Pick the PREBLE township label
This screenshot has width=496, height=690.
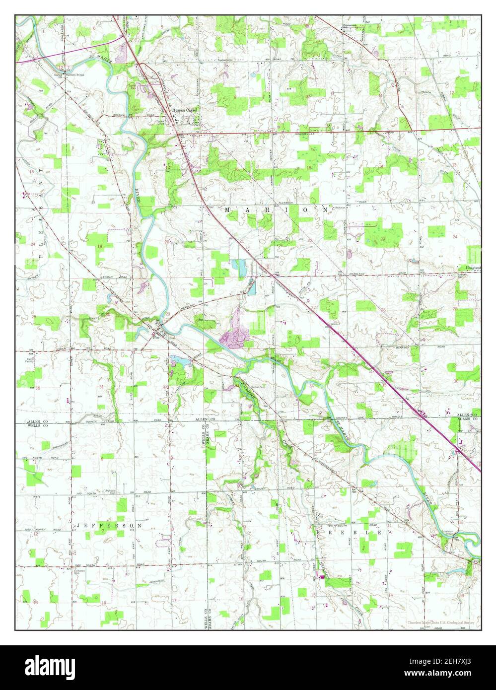point(350,532)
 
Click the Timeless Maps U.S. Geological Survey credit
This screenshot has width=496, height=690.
point(441,622)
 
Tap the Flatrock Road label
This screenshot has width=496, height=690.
point(287,203)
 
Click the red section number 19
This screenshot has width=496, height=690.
point(100,247)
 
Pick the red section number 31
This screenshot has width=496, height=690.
point(101,387)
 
